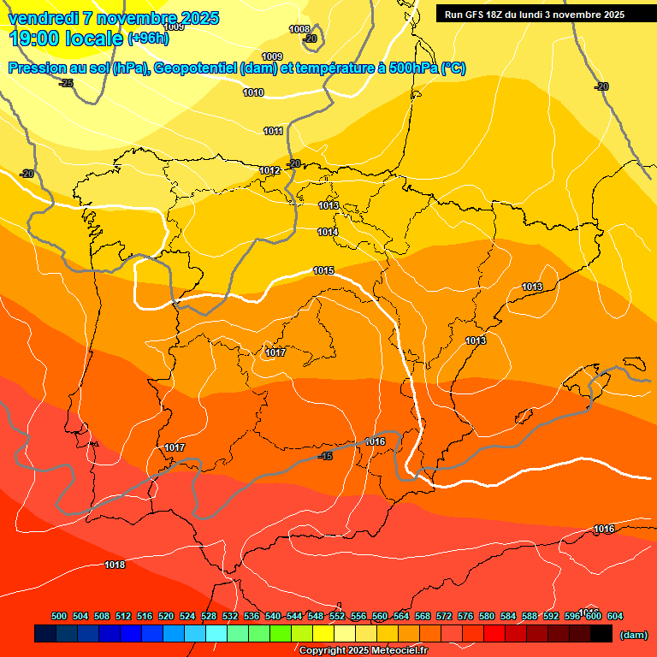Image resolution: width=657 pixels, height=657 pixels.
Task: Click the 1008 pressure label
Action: pyautogui.click(x=299, y=29)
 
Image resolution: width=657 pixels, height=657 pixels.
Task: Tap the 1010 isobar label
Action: pyautogui.click(x=253, y=92)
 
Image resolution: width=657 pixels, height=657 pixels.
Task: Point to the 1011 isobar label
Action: pyautogui.click(x=274, y=131)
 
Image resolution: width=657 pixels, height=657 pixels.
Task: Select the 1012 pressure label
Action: pyautogui.click(x=269, y=170)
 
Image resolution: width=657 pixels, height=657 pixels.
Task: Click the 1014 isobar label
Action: pyautogui.click(x=328, y=232)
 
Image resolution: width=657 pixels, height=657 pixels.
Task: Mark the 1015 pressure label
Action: pyautogui.click(x=323, y=270)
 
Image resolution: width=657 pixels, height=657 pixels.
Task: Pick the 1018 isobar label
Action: pyautogui.click(x=115, y=565)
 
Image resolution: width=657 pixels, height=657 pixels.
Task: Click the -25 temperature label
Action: pyautogui.click(x=66, y=83)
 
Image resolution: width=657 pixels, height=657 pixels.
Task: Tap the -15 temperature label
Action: pyautogui.click(x=325, y=456)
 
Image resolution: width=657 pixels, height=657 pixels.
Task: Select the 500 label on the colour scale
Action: pyautogui.click(x=59, y=616)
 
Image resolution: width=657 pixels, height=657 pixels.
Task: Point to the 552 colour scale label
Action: pyautogui.click(x=337, y=616)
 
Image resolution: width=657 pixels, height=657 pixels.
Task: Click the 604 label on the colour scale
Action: pyautogui.click(x=615, y=616)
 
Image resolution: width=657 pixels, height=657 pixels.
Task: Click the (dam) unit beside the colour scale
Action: pyautogui.click(x=634, y=634)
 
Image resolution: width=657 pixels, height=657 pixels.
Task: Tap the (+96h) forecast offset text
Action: pyautogui.click(x=148, y=38)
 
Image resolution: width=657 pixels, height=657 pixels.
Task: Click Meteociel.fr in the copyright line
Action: pyautogui.click(x=397, y=650)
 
